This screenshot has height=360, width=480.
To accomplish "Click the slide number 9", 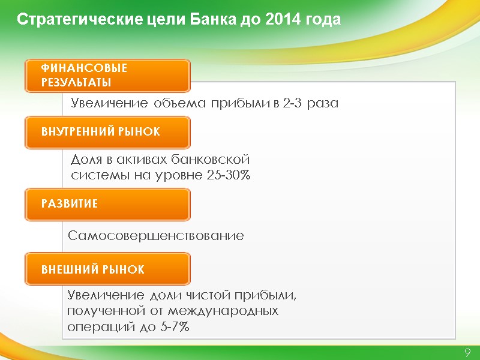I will (x=467, y=352).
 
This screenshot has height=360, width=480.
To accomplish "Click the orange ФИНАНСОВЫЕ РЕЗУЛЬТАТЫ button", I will (x=107, y=76).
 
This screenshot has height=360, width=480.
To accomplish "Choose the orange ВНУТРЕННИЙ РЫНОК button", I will (x=107, y=132).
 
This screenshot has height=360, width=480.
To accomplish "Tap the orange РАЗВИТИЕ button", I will (x=107, y=204).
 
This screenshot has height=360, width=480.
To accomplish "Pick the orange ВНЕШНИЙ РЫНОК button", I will (x=107, y=269).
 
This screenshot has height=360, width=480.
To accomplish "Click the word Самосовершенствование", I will (x=156, y=236).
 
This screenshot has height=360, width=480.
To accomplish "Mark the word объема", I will (x=176, y=103).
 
